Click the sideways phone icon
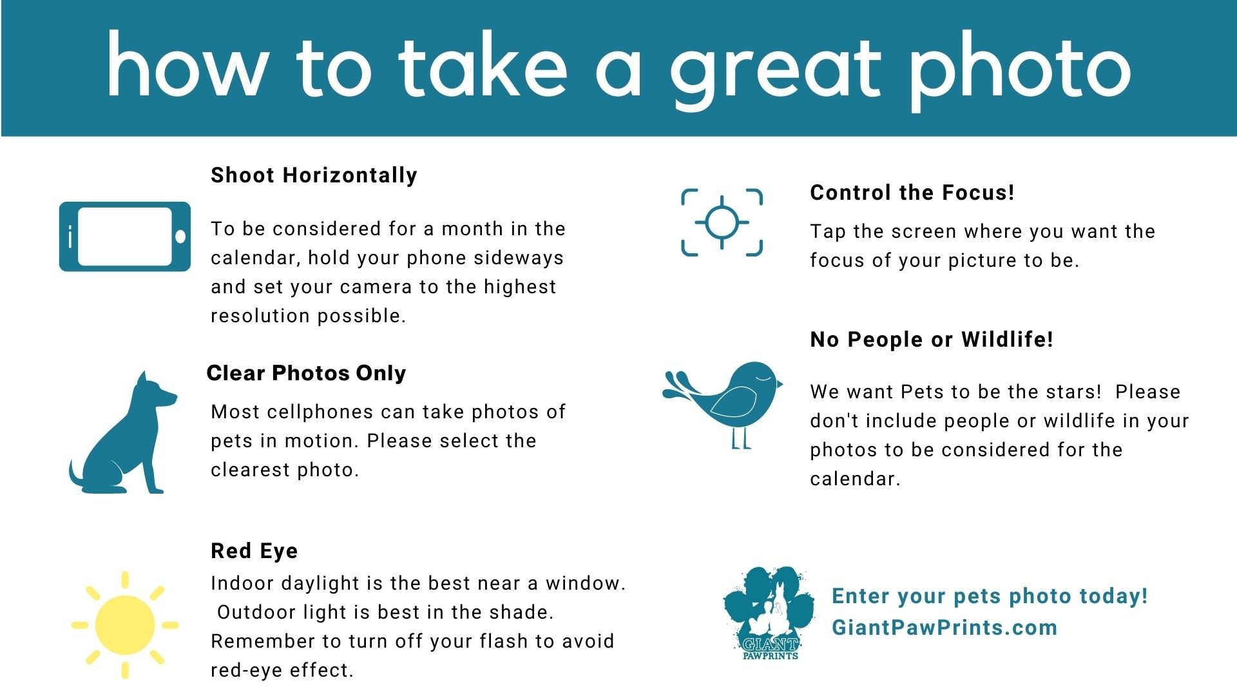[x=125, y=237]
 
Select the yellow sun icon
[x=125, y=624]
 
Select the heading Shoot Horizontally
[x=314, y=175]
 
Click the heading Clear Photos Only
[x=307, y=373]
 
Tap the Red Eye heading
[x=254, y=551]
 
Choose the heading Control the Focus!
[x=912, y=192]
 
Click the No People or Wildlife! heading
[x=932, y=340]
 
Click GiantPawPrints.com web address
[x=945, y=628]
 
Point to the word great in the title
[x=775, y=71]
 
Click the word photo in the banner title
[x=1021, y=71]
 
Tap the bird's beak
[x=780, y=385]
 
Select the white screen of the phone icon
[x=125, y=237]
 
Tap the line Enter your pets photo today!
[x=990, y=596]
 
